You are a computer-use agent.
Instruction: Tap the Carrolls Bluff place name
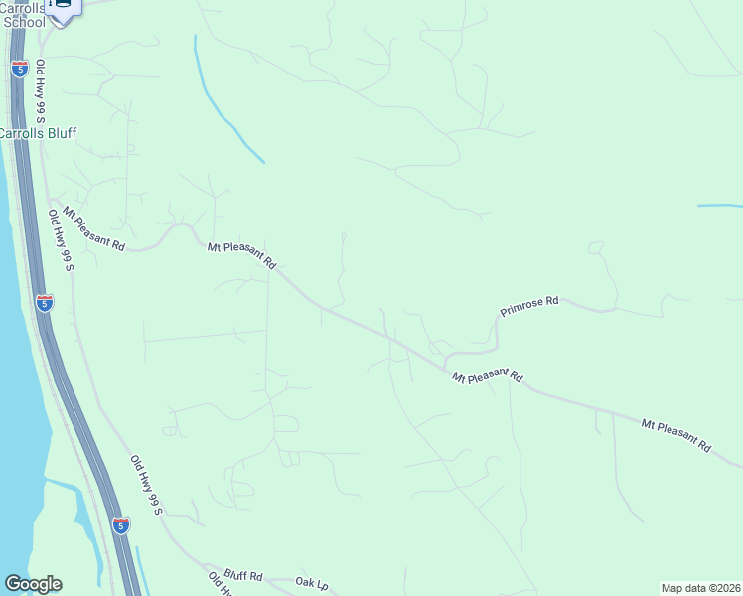coord(38,133)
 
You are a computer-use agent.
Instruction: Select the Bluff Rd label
coord(242,575)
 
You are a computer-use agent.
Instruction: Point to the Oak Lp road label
coord(311,582)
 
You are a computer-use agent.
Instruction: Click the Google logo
coord(33,584)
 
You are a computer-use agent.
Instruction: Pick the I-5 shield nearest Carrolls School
coord(20,68)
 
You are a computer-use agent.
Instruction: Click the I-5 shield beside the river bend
coord(44,302)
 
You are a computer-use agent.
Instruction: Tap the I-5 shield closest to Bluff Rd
coord(120,523)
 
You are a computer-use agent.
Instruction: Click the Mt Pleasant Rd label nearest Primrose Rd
coord(487,376)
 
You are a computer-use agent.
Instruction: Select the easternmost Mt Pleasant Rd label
coord(675,435)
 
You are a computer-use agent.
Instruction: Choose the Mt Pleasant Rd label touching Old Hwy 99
coord(93,228)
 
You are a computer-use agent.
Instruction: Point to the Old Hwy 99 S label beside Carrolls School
coord(44,91)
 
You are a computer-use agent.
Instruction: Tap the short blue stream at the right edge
coord(719,206)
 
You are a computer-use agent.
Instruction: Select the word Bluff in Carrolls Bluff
coord(60,133)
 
